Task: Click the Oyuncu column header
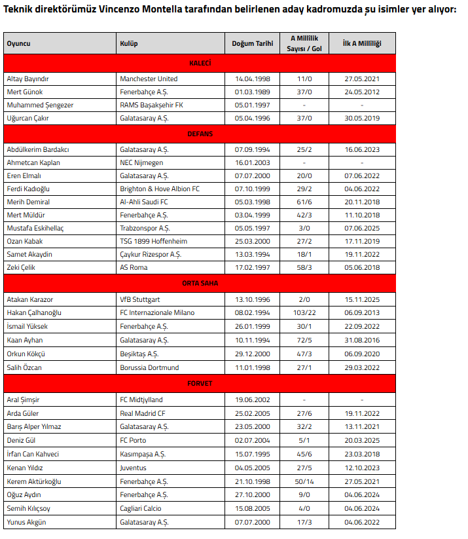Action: click(19, 44)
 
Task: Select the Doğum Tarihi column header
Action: click(252, 44)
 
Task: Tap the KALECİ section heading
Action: click(200, 64)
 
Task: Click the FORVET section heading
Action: click(200, 384)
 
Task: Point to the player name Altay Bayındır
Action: click(27, 79)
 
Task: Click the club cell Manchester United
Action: click(149, 79)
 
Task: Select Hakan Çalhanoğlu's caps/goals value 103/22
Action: click(304, 313)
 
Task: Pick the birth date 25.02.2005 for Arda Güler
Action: click(252, 414)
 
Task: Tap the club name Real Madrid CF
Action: click(142, 414)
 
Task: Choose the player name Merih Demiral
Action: click(28, 202)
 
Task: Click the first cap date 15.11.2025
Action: click(362, 300)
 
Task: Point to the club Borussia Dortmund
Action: click(149, 368)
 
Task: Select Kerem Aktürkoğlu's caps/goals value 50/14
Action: click(304, 481)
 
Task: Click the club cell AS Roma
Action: click(134, 268)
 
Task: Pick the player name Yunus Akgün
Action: click(26, 522)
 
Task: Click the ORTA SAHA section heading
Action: click(200, 284)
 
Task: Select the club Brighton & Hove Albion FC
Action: click(160, 189)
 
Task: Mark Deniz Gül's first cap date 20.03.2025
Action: click(362, 441)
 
